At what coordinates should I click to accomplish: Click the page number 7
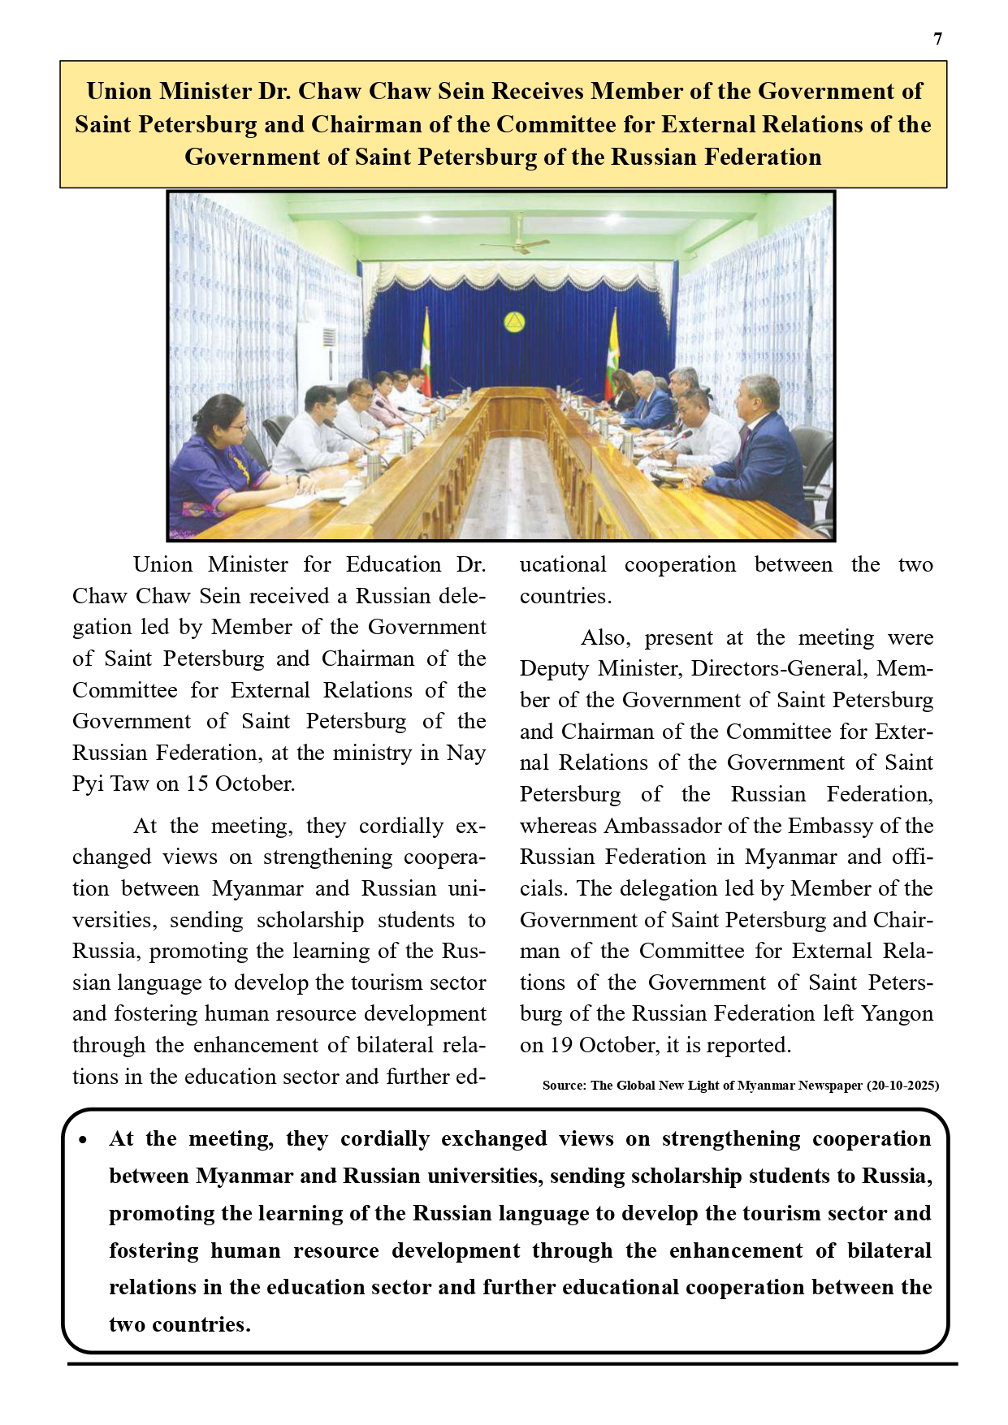(938, 39)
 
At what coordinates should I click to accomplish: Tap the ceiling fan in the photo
(514, 241)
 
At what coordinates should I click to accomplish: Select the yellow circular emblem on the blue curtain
(513, 323)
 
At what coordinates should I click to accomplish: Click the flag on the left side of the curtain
(426, 345)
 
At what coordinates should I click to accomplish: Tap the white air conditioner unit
(317, 357)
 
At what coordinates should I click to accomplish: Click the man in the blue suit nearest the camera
(759, 455)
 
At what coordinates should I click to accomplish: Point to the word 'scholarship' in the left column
(310, 921)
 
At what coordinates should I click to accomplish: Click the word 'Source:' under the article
(564, 1086)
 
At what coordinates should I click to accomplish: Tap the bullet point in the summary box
(84, 1141)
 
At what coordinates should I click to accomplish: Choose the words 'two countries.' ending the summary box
(180, 1325)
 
